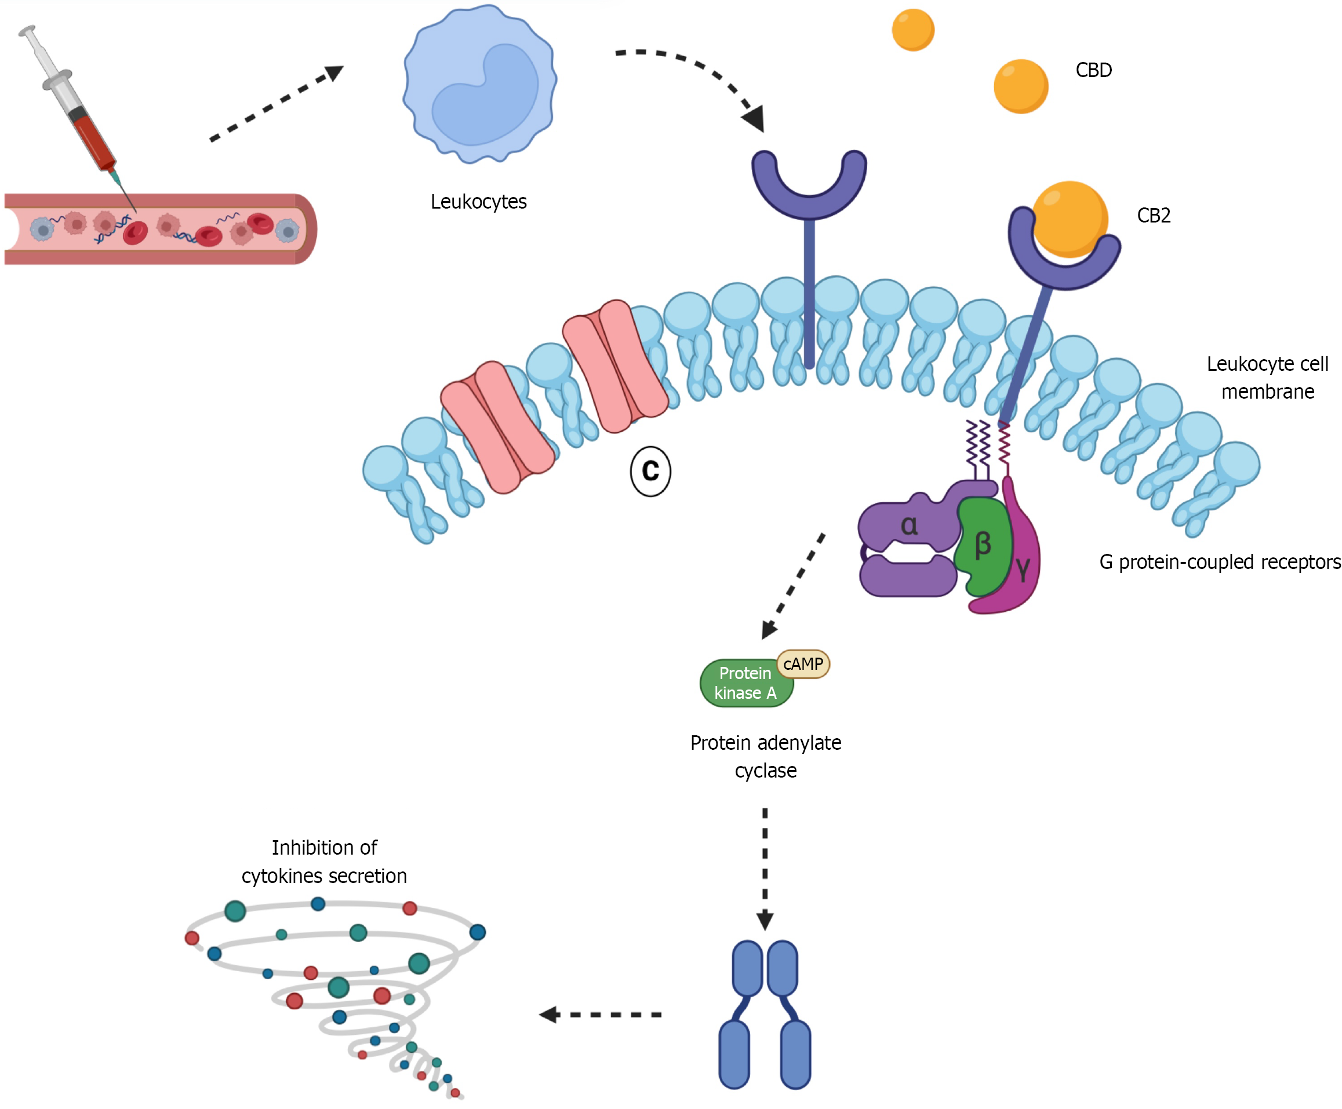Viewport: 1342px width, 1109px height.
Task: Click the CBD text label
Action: coord(1093,70)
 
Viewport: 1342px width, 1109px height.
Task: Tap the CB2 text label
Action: coord(1154,216)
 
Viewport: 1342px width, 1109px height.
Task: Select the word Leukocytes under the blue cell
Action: coord(478,202)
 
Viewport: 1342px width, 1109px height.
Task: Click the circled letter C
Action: coord(650,471)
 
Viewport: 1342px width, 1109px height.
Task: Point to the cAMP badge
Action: coord(803,665)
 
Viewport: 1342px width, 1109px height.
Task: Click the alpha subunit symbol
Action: coord(909,526)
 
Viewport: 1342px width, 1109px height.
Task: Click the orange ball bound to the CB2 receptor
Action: coord(1069,218)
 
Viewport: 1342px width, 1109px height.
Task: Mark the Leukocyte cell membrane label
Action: coord(1267,378)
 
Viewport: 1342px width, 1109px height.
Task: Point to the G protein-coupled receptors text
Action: coord(1219,562)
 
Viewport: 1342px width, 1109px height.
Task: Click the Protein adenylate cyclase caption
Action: coord(766,756)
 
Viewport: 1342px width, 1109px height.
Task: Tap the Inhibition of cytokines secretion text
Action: coord(324,862)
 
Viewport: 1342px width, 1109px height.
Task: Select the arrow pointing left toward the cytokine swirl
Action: coord(601,1015)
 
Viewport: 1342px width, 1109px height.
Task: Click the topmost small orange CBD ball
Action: coord(912,30)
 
